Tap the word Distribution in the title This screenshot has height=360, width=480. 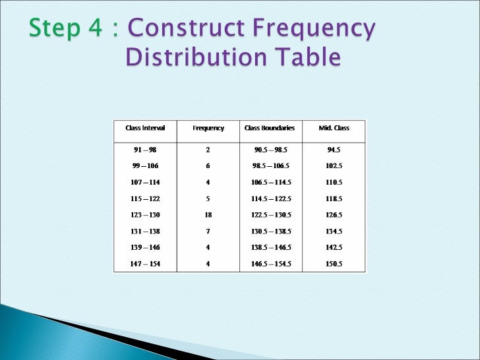[x=195, y=58]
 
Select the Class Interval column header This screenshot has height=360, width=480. [x=145, y=128]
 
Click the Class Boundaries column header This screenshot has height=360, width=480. [x=269, y=128]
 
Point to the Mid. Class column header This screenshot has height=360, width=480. [x=334, y=128]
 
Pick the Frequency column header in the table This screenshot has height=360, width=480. [x=208, y=128]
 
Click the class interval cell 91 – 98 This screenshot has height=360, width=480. [x=145, y=150]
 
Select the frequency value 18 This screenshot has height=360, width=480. [x=208, y=215]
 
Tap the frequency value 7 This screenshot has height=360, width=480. [x=208, y=231]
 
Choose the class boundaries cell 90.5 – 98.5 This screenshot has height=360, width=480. [x=269, y=150]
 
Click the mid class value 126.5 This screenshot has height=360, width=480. [x=334, y=215]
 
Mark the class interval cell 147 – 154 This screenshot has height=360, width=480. [x=145, y=264]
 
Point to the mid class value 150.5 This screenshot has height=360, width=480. [x=334, y=264]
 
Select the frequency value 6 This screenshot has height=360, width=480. [x=208, y=165]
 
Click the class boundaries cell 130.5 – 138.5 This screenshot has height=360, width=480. [x=269, y=231]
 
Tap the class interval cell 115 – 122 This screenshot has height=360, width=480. [x=145, y=198]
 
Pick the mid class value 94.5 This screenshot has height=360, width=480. [x=334, y=150]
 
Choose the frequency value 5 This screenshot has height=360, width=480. [x=208, y=198]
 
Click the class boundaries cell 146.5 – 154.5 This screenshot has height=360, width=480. [x=269, y=264]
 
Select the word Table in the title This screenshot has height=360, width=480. [x=307, y=58]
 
